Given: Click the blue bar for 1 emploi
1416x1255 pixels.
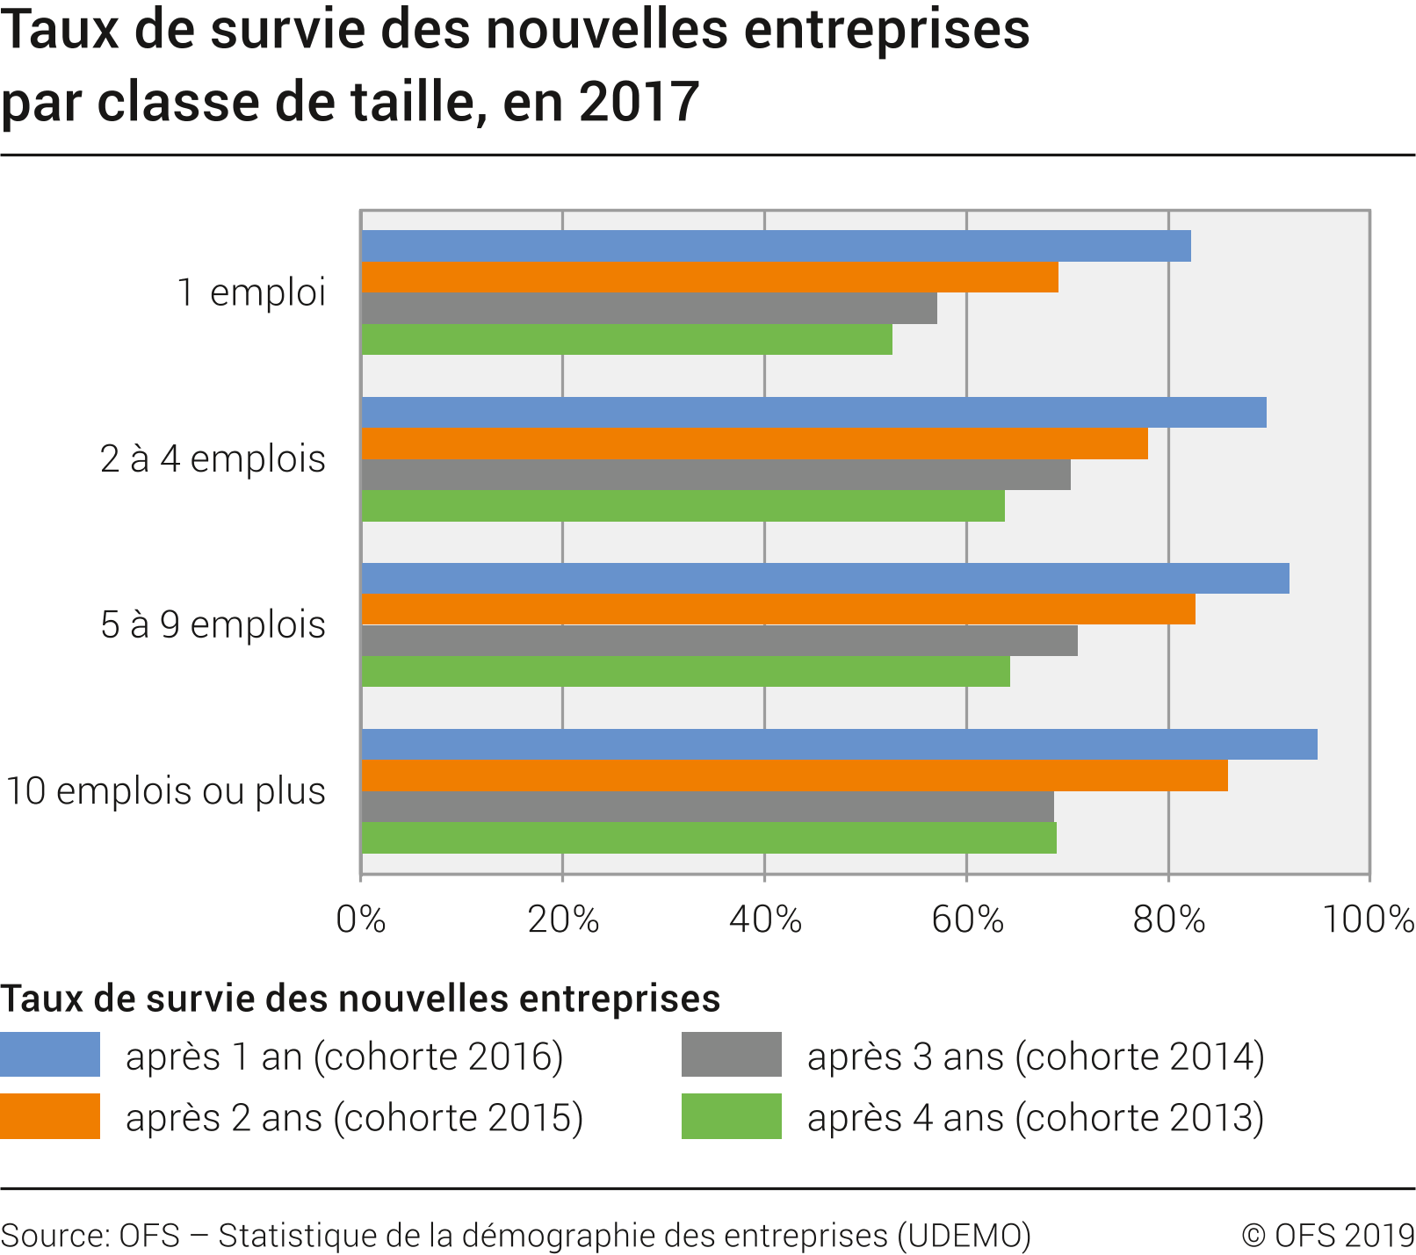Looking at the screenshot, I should click(776, 246).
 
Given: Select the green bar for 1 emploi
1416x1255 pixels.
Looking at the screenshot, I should click(626, 340).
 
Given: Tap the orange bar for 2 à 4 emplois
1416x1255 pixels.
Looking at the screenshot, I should click(754, 444).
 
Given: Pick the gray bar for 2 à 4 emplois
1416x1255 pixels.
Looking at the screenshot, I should click(715, 475).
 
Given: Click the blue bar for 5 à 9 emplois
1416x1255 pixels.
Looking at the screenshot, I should click(825, 579).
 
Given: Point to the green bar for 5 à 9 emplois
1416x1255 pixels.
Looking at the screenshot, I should click(685, 672).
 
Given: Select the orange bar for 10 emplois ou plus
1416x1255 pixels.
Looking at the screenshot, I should click(794, 776).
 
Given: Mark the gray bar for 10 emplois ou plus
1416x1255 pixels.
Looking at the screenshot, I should click(707, 807).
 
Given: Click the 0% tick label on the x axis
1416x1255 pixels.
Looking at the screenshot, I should click(361, 920).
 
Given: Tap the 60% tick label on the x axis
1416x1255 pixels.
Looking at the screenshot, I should click(967, 920).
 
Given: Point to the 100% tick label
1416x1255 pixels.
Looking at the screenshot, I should click(1367, 920).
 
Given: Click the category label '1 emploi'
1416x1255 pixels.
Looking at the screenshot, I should click(251, 292).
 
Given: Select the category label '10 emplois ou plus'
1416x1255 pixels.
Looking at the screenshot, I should click(166, 791).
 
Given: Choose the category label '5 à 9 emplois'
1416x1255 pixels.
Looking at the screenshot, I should click(213, 625).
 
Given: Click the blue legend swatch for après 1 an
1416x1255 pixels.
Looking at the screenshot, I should click(50, 1055).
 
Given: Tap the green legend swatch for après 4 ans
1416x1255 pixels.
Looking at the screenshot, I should click(731, 1116).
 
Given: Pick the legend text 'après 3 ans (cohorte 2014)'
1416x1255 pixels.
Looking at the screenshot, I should click(1036, 1057).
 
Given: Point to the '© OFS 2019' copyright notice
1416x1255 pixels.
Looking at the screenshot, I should click(1327, 1236).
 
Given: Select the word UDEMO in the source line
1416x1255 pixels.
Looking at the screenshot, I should click(964, 1236).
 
